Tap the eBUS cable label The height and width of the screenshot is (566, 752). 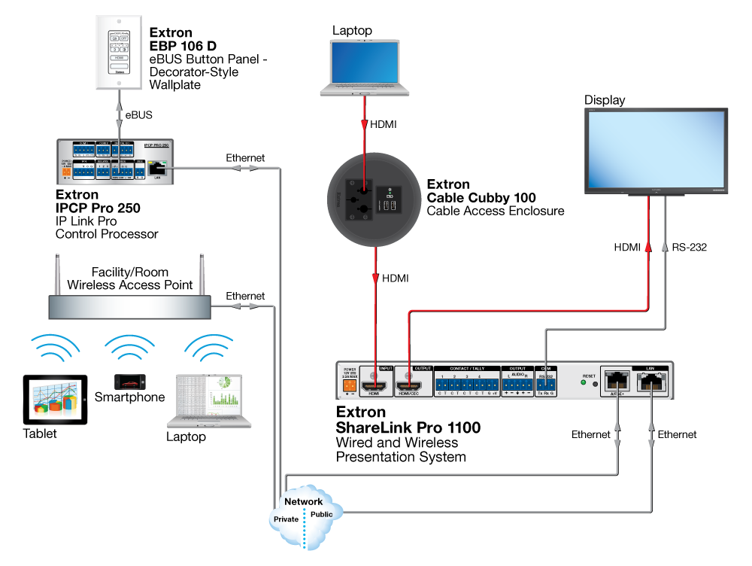(x=138, y=116)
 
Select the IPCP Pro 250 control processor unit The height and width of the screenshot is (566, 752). (x=117, y=161)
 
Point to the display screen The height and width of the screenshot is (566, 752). (x=655, y=148)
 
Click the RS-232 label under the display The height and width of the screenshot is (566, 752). (x=690, y=246)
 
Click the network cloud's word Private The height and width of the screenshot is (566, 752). (x=285, y=519)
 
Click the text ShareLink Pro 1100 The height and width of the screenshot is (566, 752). (x=408, y=428)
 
